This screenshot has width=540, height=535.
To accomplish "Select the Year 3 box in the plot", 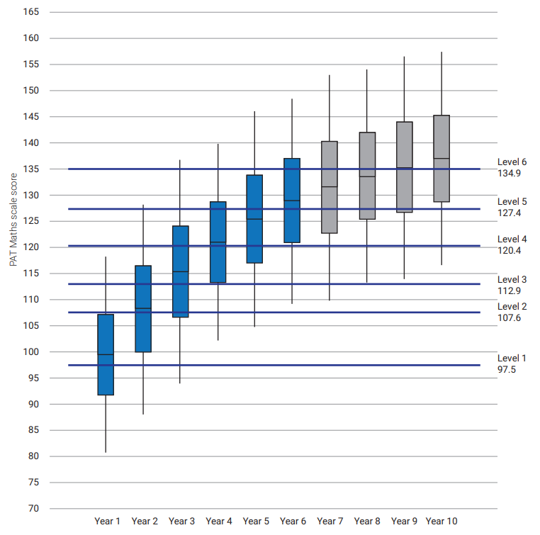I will tap(180, 271).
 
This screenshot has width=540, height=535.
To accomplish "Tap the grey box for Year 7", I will tap(329, 187).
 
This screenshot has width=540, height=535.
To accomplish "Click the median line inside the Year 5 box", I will tap(254, 219).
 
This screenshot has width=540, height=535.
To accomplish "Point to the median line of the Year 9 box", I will tap(404, 168).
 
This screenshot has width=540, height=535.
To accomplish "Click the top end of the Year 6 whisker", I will tap(292, 99).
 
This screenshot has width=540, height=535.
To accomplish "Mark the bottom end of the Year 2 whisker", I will tap(143, 414).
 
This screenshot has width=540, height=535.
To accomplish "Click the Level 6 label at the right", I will tap(512, 162).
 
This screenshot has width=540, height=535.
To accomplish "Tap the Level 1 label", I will tap(512, 358).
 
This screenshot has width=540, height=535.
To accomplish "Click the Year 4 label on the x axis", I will tap(218, 522).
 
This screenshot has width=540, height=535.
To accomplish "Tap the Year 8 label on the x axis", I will tap(367, 522).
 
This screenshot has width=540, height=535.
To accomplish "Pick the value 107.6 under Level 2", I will tap(509, 317).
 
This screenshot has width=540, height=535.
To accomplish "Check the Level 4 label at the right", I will tap(512, 239).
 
